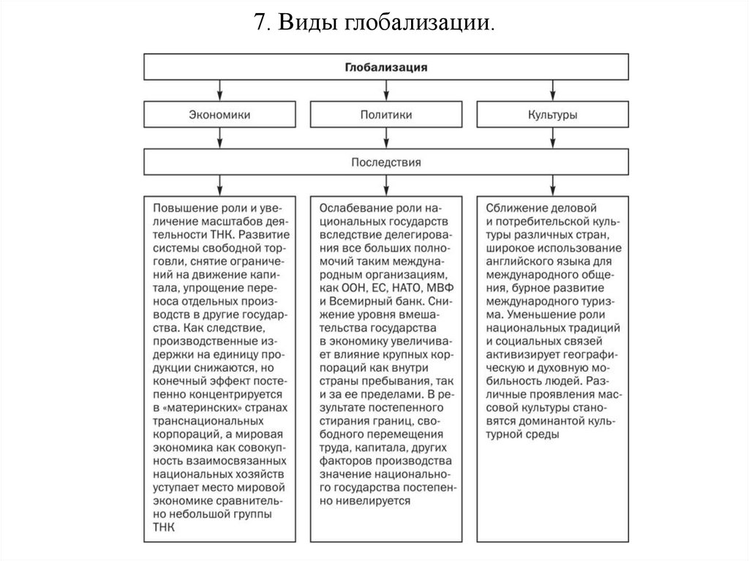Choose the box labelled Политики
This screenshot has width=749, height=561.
coord(385,115)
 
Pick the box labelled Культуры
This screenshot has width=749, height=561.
coord(553,115)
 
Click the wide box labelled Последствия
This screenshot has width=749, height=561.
coord(385,161)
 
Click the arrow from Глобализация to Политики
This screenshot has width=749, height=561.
coord(385,90)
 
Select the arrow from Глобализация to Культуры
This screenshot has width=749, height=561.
coord(553,90)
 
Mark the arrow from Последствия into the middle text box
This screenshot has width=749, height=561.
coord(385,184)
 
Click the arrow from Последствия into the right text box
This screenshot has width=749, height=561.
coord(553,184)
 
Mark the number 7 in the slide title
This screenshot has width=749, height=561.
coord(260,23)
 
